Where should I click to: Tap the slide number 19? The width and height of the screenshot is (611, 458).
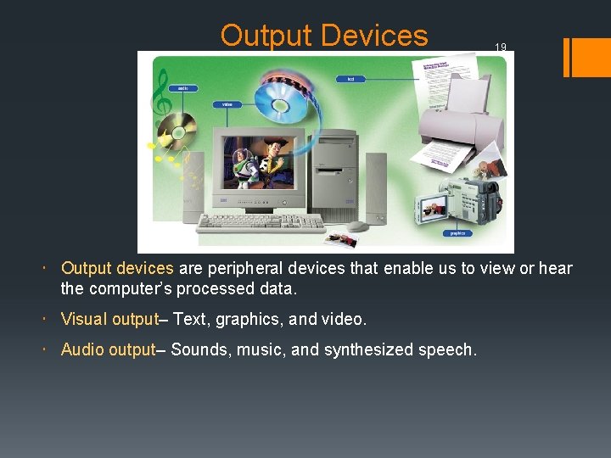[501, 47]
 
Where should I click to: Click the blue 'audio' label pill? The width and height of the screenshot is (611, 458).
[182, 87]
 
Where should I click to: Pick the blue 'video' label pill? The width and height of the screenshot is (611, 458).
[227, 104]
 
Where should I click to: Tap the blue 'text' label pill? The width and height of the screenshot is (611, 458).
[350, 79]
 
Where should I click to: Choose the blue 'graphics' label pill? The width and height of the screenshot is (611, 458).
[457, 232]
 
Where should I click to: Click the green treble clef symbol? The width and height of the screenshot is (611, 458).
[159, 94]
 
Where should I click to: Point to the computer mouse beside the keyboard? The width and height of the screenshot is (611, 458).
[358, 226]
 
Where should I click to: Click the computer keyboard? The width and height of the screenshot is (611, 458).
[262, 222]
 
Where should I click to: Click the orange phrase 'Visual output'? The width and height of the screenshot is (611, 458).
[109, 320]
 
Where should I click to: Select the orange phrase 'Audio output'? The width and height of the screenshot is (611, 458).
[108, 349]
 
